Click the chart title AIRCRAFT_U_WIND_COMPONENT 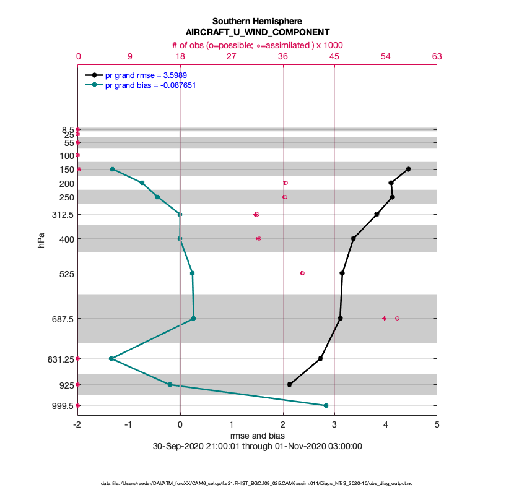pyautogui.click(x=257, y=32)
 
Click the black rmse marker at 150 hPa pyautogui.click(x=408, y=169)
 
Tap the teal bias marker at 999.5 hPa pyautogui.click(x=326, y=405)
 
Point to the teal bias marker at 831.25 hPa pyautogui.click(x=111, y=358)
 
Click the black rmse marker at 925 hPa pyautogui.click(x=289, y=384)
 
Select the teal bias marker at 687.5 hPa pyautogui.click(x=194, y=318)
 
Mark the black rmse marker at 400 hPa pyautogui.click(x=353, y=238)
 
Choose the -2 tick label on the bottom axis pyautogui.click(x=77, y=424)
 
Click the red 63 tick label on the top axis pyautogui.click(x=437, y=56)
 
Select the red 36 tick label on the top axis pyautogui.click(x=283, y=56)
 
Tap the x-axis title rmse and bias pyautogui.click(x=257, y=436)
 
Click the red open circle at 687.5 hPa pyautogui.click(x=397, y=318)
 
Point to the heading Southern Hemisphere pyautogui.click(x=257, y=21)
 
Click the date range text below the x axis pyautogui.click(x=257, y=446)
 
